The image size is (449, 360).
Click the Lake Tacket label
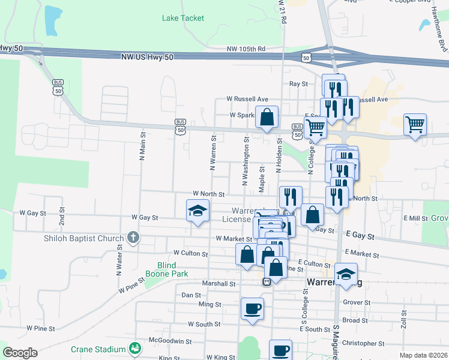[x=183, y=18]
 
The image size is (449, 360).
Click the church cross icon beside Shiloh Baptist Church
[x=133, y=238]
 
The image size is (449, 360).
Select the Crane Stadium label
[x=98, y=349]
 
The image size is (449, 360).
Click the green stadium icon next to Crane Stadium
[x=135, y=349]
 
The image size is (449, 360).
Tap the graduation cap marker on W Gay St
[x=197, y=211]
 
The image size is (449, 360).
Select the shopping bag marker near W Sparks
[x=267, y=117]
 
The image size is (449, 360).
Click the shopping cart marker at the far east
[x=415, y=125]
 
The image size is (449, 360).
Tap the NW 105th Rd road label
[x=246, y=49]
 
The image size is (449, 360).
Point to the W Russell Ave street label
[x=247, y=99]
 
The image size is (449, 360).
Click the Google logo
[x=19, y=353]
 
